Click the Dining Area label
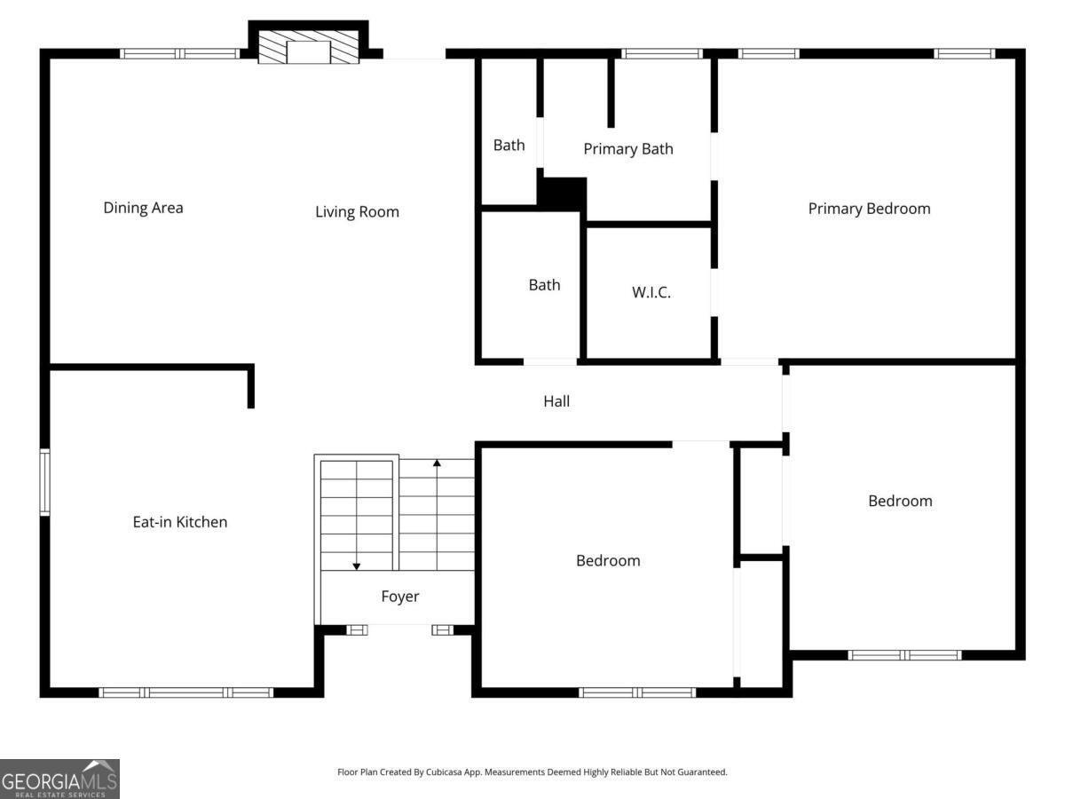(143, 208)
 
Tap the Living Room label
(357, 212)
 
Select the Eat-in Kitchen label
(180, 522)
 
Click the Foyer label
(400, 597)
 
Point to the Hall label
(556, 401)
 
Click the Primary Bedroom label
(869, 209)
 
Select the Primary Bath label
(627, 149)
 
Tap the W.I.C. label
(651, 292)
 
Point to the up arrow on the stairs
(437, 463)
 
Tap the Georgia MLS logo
(59, 779)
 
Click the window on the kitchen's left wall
(44, 482)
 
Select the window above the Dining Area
(180, 53)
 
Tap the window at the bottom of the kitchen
(185, 692)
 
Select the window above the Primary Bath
(662, 53)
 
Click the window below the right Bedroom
(904, 655)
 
